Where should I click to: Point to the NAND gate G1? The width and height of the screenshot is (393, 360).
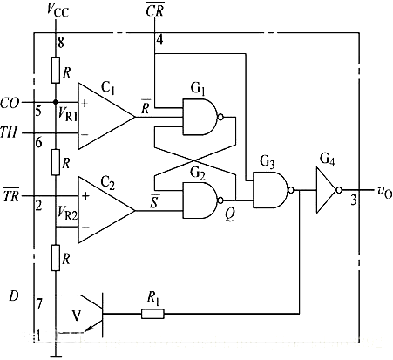pos(198,113)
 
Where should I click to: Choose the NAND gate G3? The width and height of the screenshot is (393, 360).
pos(268,187)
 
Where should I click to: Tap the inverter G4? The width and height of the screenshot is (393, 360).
pos(327,187)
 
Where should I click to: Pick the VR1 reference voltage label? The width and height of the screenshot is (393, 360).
pos(68,113)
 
